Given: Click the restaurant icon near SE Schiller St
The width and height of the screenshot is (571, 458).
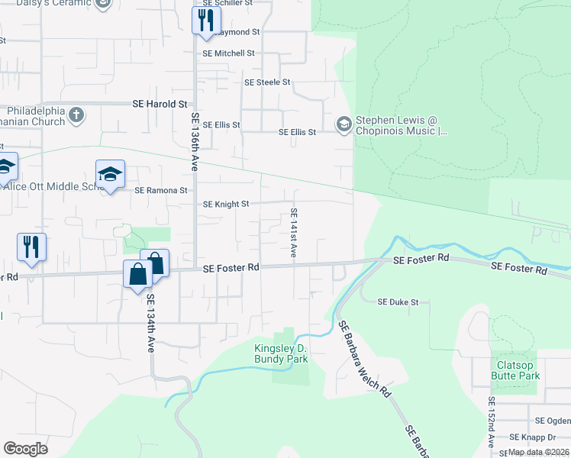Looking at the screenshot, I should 205,20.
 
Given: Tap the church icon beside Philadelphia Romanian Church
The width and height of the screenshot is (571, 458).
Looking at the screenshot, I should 75,115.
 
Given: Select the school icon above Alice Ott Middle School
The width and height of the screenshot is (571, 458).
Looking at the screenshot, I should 110,175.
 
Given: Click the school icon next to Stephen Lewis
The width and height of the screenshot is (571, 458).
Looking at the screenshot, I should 344,123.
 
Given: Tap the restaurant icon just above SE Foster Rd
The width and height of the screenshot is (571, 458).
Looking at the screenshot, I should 31,247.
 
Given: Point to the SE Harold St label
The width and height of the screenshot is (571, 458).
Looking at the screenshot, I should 160,104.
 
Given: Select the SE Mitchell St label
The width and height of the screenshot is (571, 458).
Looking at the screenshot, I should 228,53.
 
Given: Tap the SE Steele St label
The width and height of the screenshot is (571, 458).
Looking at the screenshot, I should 267,82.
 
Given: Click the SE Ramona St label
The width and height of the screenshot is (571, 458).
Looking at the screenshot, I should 161,191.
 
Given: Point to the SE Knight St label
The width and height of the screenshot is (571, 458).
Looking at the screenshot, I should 226,205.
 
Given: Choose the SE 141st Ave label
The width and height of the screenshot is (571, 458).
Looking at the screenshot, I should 293,233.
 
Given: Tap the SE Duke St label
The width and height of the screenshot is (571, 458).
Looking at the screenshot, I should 398,302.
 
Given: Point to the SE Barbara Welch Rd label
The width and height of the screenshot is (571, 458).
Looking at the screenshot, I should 365,360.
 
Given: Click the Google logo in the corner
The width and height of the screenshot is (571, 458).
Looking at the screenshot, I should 25,449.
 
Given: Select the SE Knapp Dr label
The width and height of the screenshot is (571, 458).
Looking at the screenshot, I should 534,437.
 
